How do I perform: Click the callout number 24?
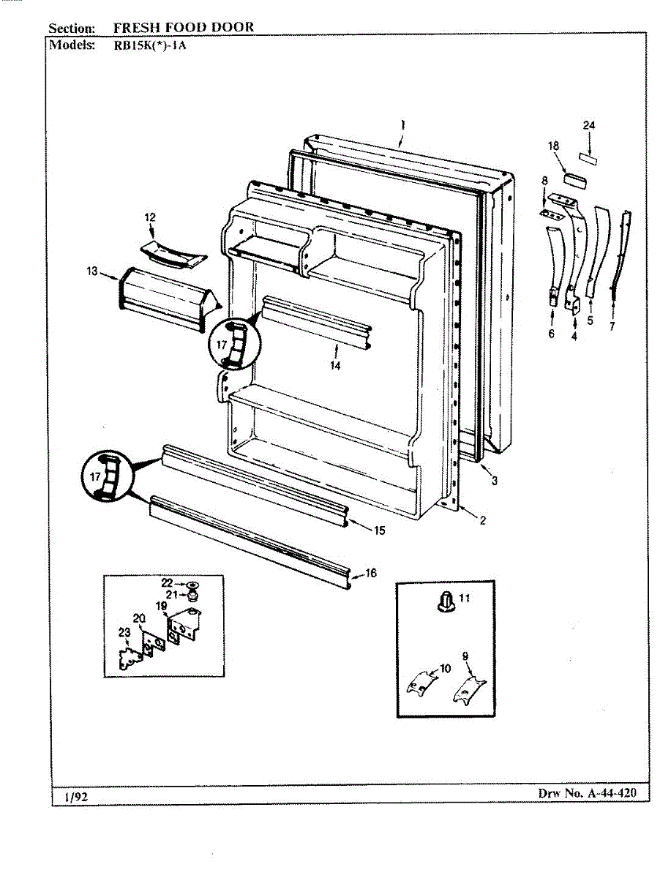pyautogui.click(x=589, y=126)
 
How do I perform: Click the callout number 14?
pyautogui.click(x=334, y=366)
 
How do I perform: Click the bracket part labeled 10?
pyautogui.click(x=419, y=683)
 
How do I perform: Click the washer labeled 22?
pyautogui.click(x=193, y=584)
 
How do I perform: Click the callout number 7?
pyautogui.click(x=612, y=326)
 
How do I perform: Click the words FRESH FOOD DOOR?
pyautogui.click(x=184, y=28)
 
